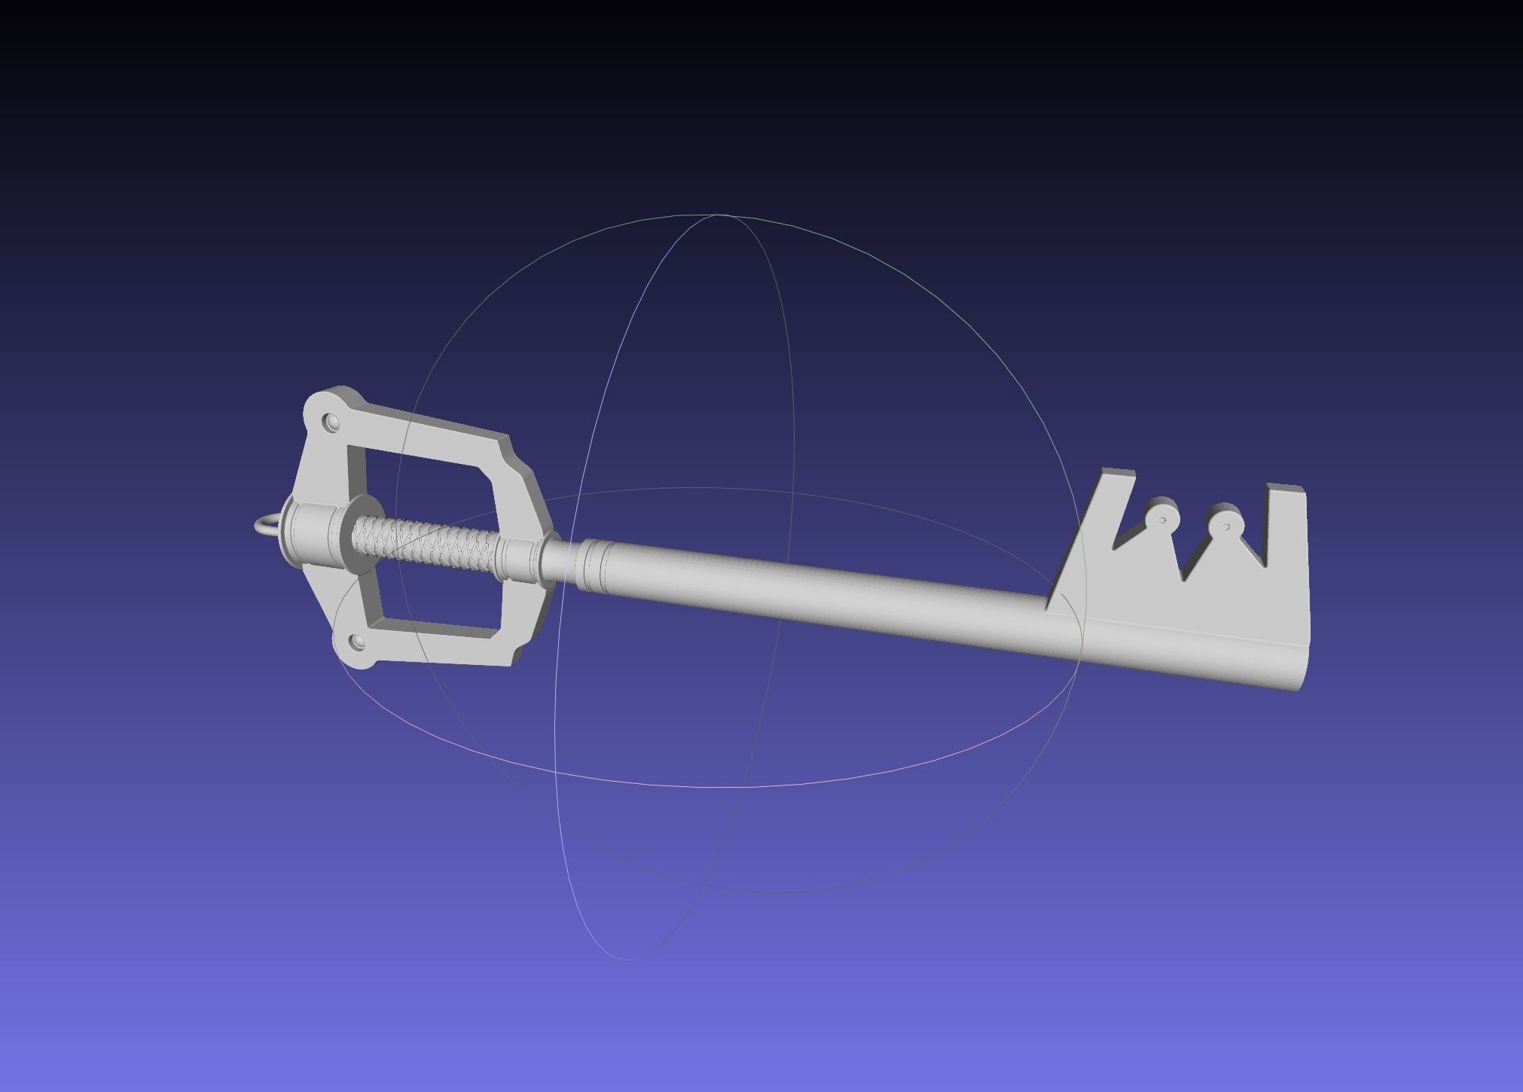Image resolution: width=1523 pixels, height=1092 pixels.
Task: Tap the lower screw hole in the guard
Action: click(x=356, y=642)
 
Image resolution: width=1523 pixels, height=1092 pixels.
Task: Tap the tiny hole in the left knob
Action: click(x=1164, y=520)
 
